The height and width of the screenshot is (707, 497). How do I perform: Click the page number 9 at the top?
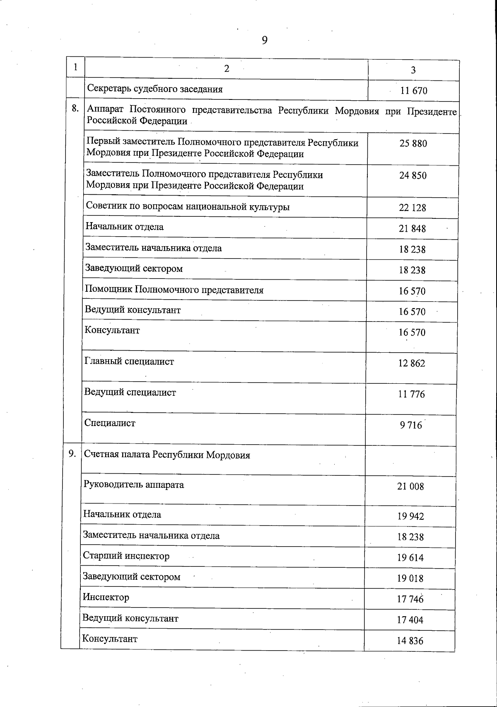tap(265, 40)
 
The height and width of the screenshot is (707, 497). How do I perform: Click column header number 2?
tap(227, 69)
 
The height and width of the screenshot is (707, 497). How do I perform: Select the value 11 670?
tap(414, 91)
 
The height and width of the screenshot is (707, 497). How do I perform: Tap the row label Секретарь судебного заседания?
tap(155, 89)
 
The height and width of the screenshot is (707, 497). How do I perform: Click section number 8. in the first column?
tap(75, 109)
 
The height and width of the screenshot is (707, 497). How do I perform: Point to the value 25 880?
tap(413, 143)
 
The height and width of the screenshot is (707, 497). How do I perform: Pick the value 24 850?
tap(413, 175)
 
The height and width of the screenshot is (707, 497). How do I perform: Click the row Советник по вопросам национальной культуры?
tap(188, 206)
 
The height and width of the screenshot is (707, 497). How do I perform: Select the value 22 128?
tap(412, 208)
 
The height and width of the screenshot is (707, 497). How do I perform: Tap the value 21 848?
tap(412, 228)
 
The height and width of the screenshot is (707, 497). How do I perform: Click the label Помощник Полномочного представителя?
tap(174, 290)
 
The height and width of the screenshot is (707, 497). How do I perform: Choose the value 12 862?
tap(411, 363)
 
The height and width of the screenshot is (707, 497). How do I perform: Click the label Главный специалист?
tap(129, 361)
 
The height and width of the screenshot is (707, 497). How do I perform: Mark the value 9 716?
tap(411, 426)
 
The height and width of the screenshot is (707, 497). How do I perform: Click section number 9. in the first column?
tap(72, 453)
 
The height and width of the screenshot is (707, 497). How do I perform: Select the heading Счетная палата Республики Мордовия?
tap(167, 455)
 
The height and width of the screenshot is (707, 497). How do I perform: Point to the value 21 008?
tap(410, 487)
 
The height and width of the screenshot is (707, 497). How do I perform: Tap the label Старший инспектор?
tap(126, 556)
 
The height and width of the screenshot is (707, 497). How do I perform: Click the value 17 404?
tap(410, 620)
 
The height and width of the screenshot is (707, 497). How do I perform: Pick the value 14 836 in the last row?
tap(410, 641)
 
